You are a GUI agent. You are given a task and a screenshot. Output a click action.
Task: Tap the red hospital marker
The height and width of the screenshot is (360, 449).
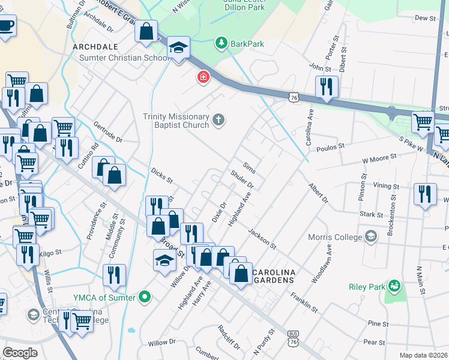coord(203,77)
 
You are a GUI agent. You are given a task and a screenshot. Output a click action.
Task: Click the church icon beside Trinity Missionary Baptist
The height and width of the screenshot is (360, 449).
coord(218,120)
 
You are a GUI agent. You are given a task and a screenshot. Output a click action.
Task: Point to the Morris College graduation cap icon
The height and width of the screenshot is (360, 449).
coord(371,236)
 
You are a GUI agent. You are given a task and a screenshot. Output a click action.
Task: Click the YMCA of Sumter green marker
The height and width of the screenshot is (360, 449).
coord(144,296)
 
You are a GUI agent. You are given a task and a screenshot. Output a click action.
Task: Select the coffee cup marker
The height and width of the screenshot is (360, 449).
coord(6,26)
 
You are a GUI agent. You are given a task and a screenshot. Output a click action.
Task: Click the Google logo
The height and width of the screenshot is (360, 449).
coord(20,353)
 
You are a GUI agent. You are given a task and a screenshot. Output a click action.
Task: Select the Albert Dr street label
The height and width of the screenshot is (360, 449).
coord(319,193)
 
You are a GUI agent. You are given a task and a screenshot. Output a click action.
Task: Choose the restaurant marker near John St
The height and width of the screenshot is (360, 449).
coord(327,86)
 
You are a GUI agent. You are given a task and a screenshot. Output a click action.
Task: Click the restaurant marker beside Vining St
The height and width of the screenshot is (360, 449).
coord(425,194)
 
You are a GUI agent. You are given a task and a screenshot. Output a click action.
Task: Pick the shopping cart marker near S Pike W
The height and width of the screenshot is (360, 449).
coord(423,122)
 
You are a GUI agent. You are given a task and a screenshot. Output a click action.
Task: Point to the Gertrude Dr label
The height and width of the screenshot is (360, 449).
coord(108,133)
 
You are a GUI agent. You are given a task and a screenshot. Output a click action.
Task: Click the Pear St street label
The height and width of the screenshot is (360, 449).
coord(374,343)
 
